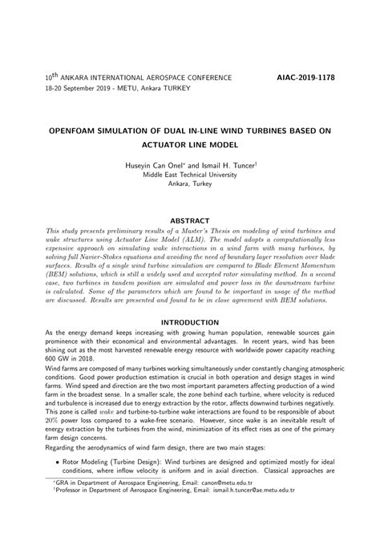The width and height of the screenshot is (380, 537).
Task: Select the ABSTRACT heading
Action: (x=190, y=220)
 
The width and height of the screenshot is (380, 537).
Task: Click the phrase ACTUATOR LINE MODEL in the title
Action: (x=190, y=143)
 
